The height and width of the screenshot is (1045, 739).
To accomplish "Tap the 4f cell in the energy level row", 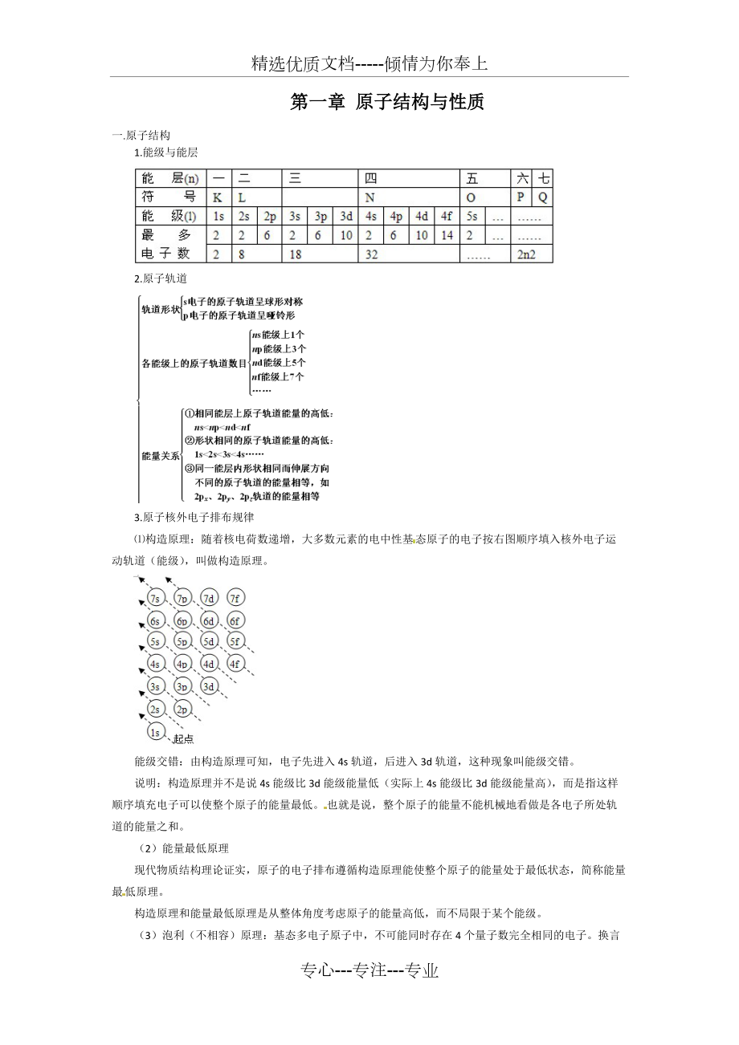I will (447, 216).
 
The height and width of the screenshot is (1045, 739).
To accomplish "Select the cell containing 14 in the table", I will (447, 235).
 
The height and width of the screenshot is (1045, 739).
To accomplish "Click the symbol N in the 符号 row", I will (369, 197).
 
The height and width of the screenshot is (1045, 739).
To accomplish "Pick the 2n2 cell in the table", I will (527, 254).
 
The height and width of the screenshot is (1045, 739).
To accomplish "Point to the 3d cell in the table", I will (345, 216).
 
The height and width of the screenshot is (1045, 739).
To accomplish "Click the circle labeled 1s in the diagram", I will (156, 731).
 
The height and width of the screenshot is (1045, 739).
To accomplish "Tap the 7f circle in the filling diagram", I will (235, 598).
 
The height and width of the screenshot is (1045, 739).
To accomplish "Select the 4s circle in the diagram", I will (156, 665).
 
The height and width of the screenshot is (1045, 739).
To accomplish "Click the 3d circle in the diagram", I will (208, 687).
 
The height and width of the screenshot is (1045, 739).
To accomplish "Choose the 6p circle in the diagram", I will (182, 620).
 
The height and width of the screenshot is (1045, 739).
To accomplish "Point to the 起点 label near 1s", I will (182, 739).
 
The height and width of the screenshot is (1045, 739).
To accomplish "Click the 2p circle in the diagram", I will (182, 710).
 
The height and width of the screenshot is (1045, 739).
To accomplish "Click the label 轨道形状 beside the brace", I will (161, 308).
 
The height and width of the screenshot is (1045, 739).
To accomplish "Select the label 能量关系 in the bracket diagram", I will (161, 455).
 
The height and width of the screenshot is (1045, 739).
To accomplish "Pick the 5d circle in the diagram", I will (208, 642).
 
